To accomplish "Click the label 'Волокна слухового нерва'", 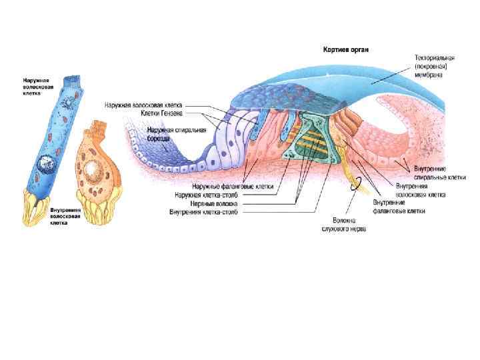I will click(x=349, y=224).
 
